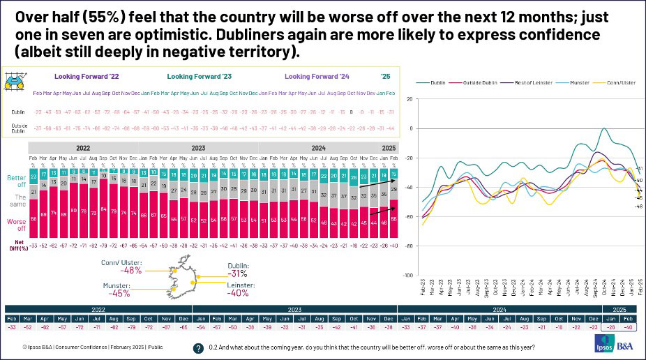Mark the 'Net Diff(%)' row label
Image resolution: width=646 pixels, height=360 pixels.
(x=16, y=242)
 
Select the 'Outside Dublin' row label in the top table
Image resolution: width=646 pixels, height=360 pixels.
(x=18, y=128)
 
